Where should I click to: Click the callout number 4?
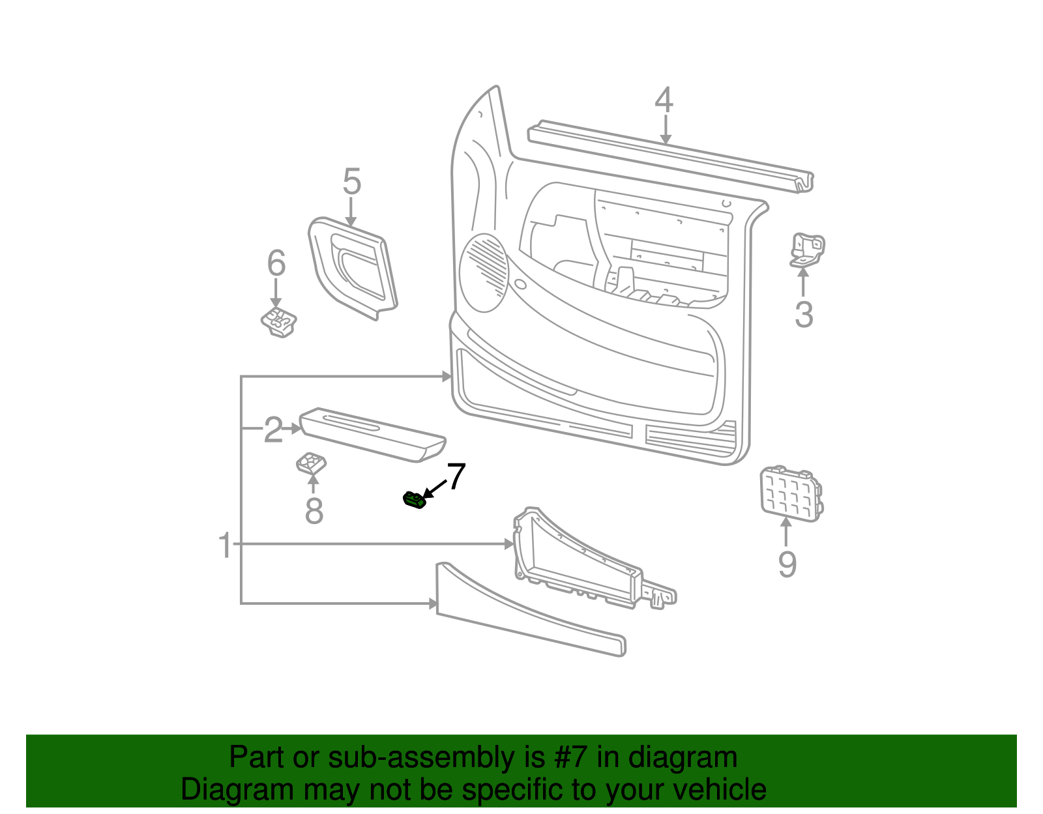(664, 100)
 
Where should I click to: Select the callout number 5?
(351, 182)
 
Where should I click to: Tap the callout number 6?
(276, 263)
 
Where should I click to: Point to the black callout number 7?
(456, 477)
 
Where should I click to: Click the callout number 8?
(314, 511)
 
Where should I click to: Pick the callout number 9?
(787, 564)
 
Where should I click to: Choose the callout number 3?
(804, 315)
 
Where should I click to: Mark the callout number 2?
(273, 430)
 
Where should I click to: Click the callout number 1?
(225, 545)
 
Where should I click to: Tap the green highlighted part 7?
(413, 501)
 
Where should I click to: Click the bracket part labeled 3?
(807, 250)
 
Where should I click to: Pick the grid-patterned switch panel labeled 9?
(790, 493)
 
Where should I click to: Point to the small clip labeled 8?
(311, 464)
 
